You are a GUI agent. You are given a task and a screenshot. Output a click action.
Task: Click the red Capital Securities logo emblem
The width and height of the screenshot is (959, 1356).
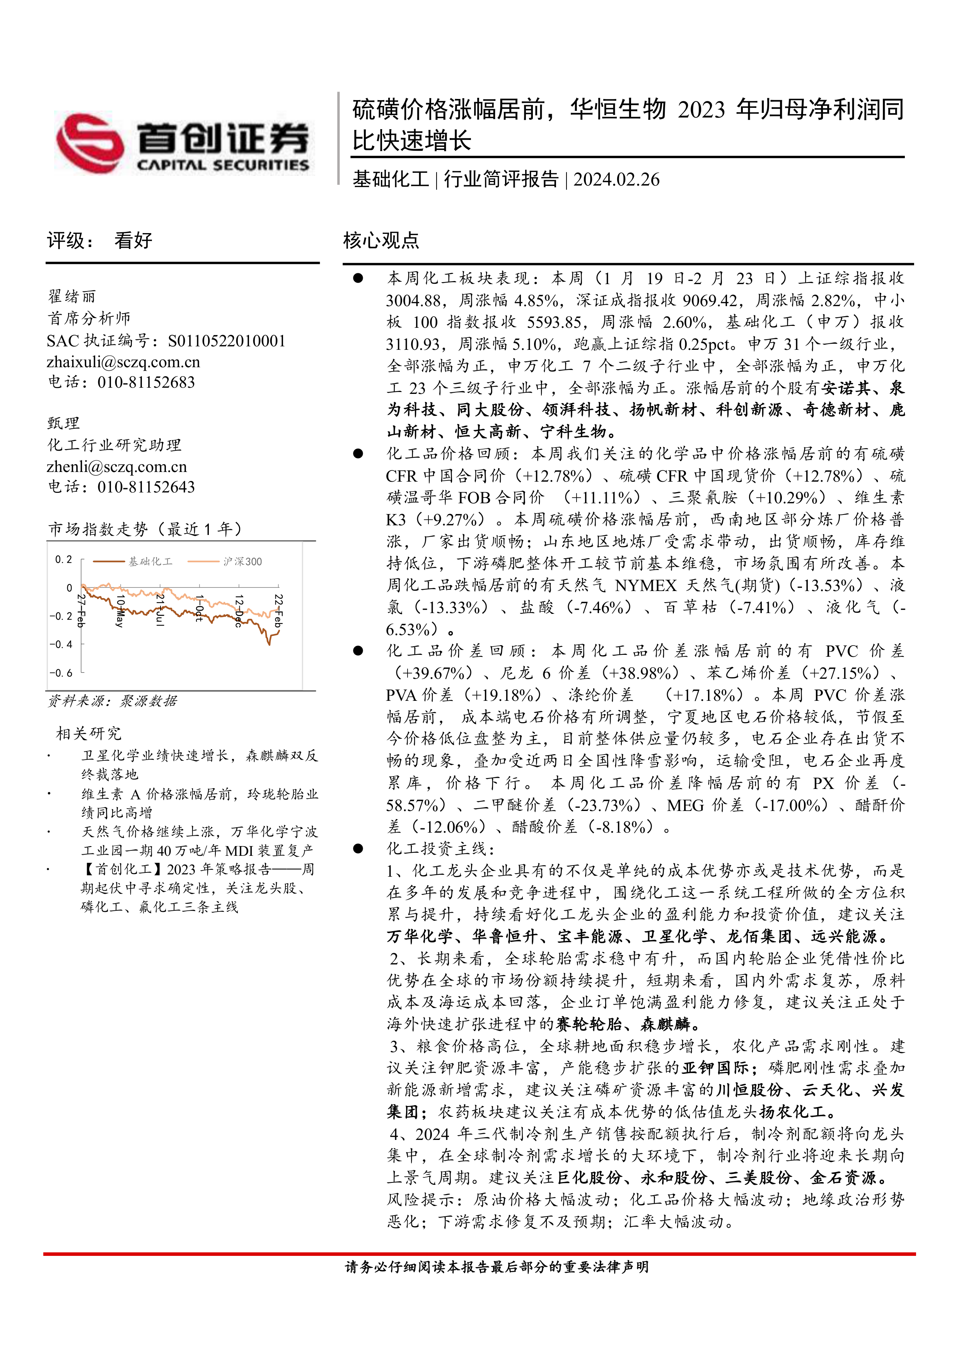tap(90, 143)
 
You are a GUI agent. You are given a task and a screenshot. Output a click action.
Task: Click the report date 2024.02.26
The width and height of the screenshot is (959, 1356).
tap(616, 179)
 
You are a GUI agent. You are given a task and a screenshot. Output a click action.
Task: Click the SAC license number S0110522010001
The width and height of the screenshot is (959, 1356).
tap(226, 341)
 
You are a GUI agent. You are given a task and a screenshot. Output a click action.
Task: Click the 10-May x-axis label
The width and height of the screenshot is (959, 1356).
tap(120, 611)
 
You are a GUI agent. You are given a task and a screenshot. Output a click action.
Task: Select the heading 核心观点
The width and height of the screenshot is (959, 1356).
tap(381, 240)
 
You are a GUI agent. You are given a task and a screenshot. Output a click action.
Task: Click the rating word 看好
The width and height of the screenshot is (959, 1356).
tap(133, 240)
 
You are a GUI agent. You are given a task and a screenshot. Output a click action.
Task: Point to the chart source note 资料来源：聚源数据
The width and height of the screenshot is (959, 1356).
tap(112, 701)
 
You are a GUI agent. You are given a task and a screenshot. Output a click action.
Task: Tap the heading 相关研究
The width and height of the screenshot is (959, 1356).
tap(89, 734)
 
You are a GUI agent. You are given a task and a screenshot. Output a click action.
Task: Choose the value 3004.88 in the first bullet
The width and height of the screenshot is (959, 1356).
tap(413, 301)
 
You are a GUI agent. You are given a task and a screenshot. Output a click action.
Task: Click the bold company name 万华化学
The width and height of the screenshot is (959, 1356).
tap(420, 937)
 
